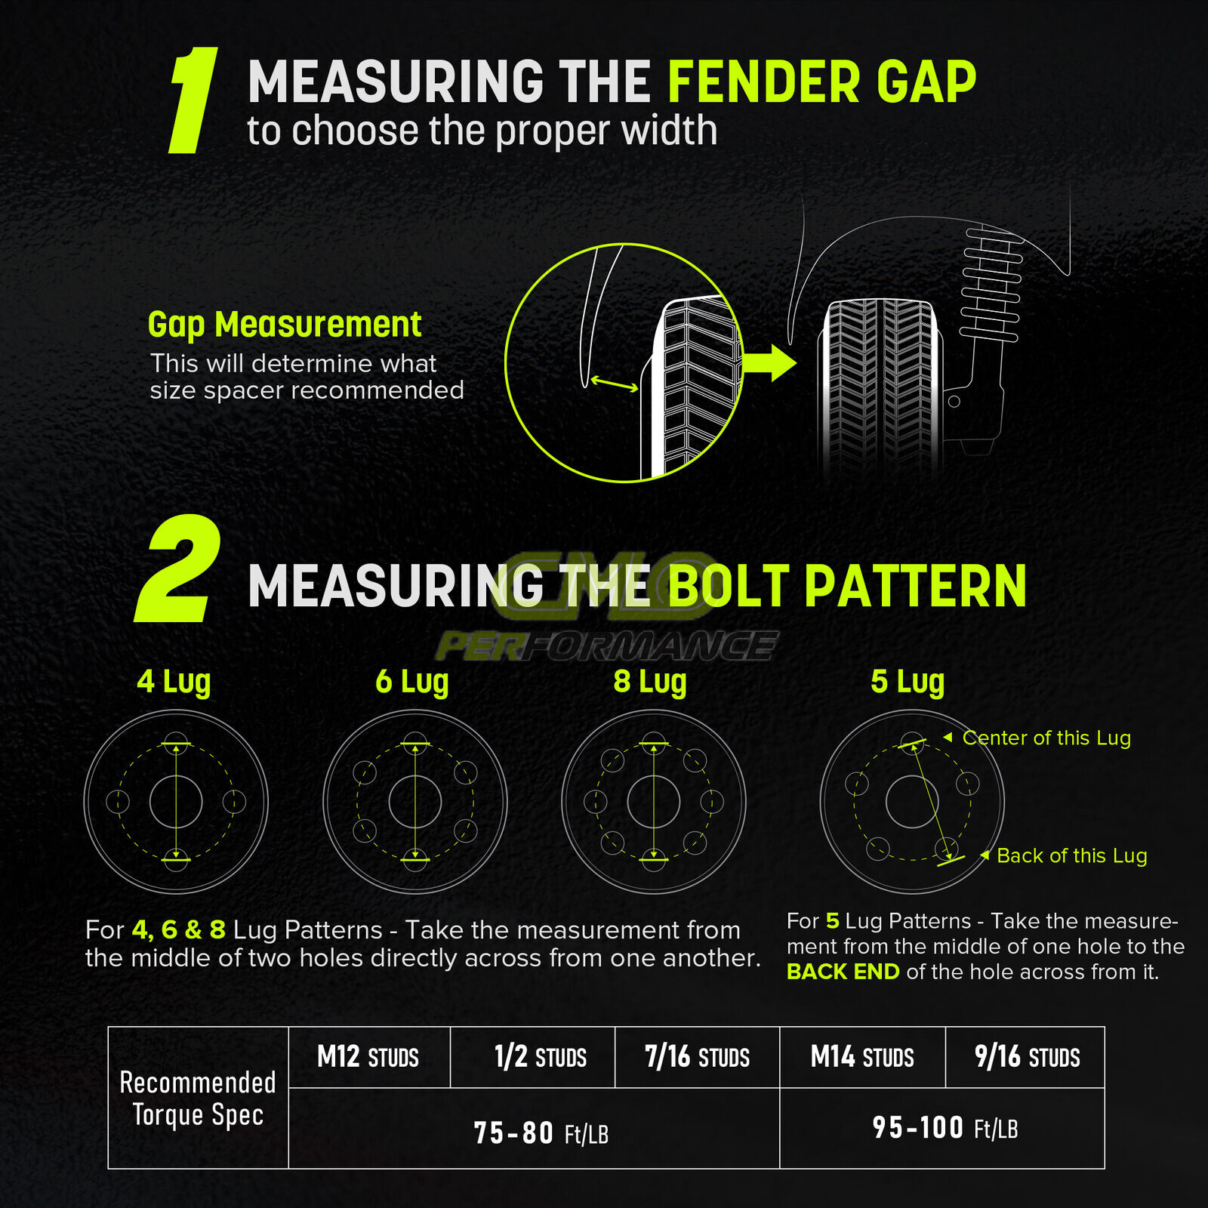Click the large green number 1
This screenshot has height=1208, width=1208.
(193, 100)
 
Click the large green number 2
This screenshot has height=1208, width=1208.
(179, 570)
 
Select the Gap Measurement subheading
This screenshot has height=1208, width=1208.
(284, 325)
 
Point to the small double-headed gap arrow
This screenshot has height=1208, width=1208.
(614, 384)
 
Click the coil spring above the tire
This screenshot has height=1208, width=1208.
(991, 284)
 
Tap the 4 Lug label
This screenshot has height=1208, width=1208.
(174, 681)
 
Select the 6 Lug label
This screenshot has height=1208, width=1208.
(412, 681)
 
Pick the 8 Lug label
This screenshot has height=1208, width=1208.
(650, 681)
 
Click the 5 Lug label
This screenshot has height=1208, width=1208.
(908, 681)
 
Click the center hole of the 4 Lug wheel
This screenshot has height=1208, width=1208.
(176, 802)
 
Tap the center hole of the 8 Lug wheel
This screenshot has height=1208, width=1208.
(654, 802)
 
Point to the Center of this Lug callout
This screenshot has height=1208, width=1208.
(1046, 738)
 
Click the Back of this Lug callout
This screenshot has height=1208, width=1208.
(1071, 855)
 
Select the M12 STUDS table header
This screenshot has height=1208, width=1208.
(368, 1057)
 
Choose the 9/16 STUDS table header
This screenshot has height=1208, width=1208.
(1027, 1057)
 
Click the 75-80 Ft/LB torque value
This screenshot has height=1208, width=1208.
(541, 1133)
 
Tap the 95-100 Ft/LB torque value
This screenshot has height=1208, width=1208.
(945, 1128)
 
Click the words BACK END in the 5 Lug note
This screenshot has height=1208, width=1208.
(843, 972)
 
